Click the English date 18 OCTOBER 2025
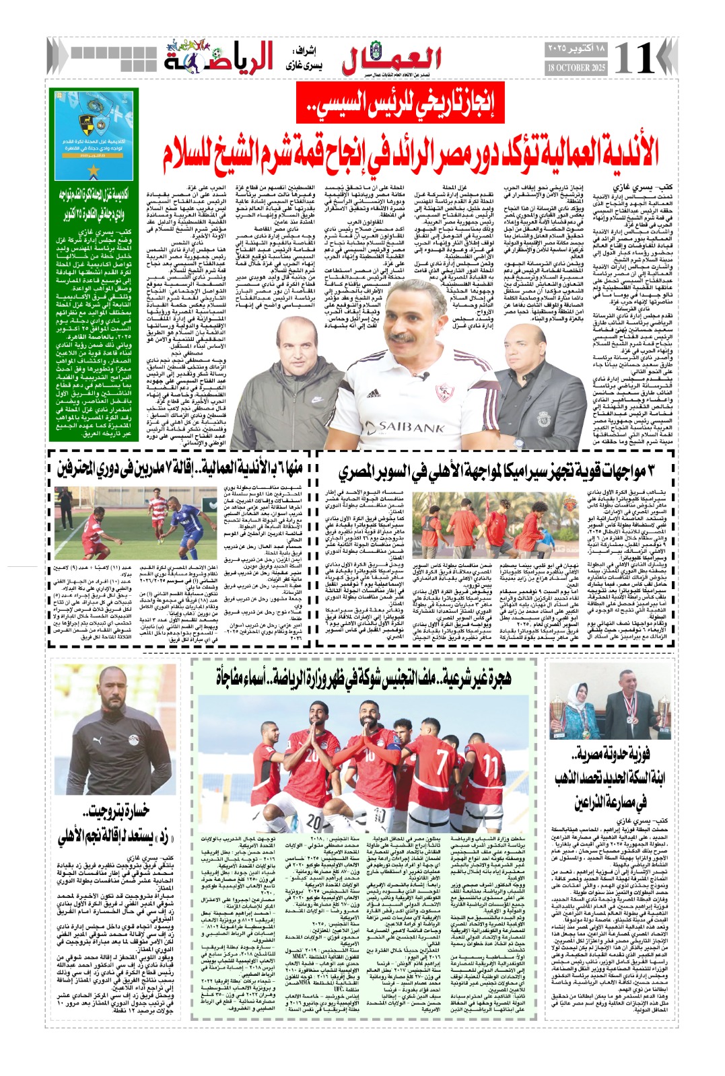point(576,67)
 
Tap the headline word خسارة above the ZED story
point(108,811)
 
